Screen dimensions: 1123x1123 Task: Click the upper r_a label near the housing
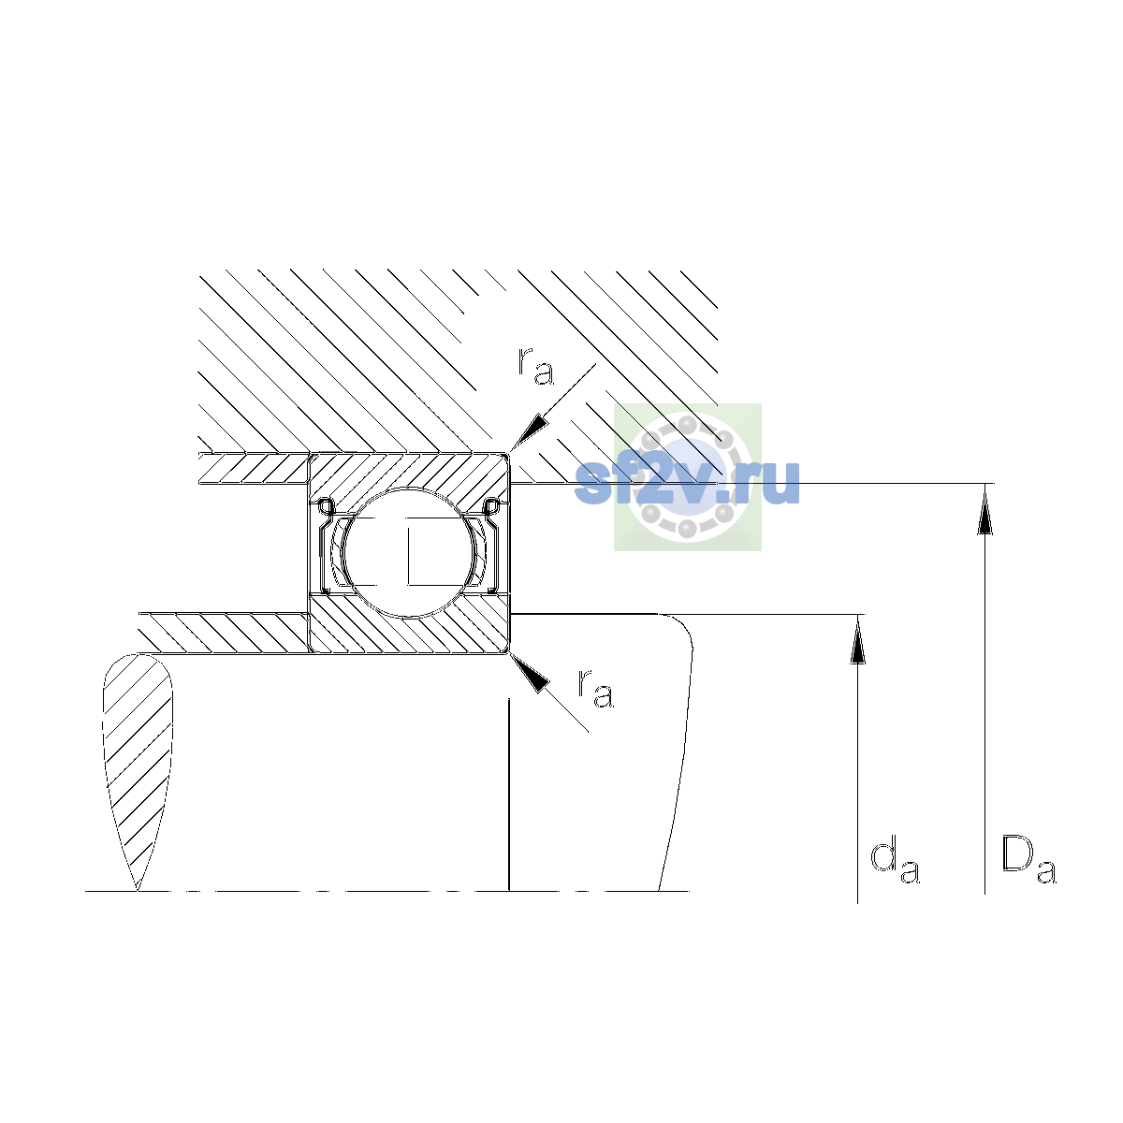click(x=535, y=366)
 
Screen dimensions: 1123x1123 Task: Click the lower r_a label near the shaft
click(x=595, y=689)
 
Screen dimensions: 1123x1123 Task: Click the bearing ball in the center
click(x=410, y=552)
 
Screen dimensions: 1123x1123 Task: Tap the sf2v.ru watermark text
click(x=687, y=483)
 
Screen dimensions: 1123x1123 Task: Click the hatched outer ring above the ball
click(x=408, y=475)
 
